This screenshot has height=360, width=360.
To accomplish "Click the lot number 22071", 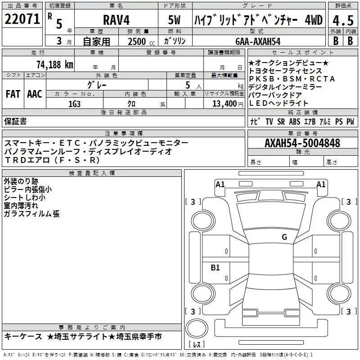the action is tap(22, 19).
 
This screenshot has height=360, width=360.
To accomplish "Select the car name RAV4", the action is tap(116, 20).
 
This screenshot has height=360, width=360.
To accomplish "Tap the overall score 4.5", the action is tap(343, 20).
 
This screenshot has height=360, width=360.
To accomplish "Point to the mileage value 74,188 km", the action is tap(55, 64).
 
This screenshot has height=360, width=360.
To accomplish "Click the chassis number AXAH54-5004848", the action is tap(302, 143).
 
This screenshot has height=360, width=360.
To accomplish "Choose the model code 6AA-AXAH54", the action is tap(258, 41).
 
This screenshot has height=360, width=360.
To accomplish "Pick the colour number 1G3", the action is tap(75, 104).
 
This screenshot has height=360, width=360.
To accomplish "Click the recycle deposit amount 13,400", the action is tap(224, 104).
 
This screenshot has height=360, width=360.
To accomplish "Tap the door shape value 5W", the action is tap(174, 20).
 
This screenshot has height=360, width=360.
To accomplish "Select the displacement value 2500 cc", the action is tap(141, 42).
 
